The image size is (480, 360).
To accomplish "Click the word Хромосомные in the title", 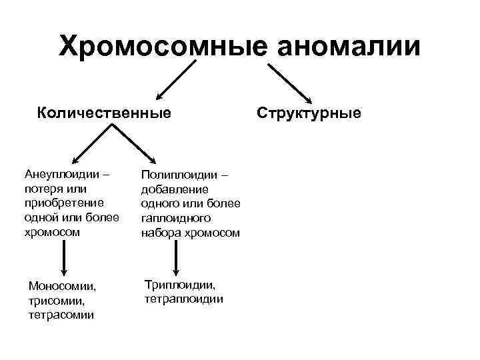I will (162, 46).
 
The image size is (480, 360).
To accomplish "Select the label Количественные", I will (104, 113).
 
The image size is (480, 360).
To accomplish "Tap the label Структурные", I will (309, 113).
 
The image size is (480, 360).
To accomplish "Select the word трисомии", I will (55, 300).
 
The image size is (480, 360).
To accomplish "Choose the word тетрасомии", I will (61, 314).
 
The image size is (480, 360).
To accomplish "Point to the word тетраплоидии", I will (183, 299).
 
